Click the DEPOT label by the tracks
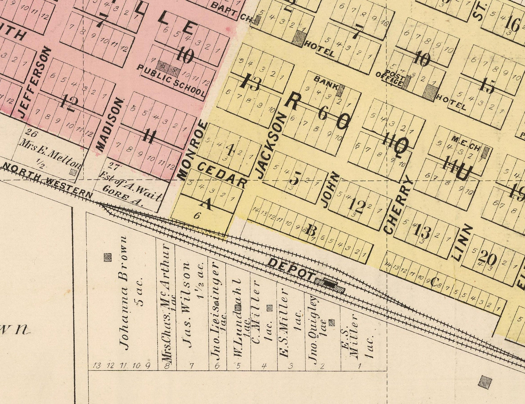[x=291, y=269]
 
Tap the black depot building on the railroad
[x=329, y=283]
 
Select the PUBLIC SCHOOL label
[x=171, y=80]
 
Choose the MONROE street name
[x=191, y=151]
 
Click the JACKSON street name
[x=271, y=146]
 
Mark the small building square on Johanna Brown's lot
[x=107, y=258]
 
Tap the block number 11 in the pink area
[x=148, y=136]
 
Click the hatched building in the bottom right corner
[x=485, y=382]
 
